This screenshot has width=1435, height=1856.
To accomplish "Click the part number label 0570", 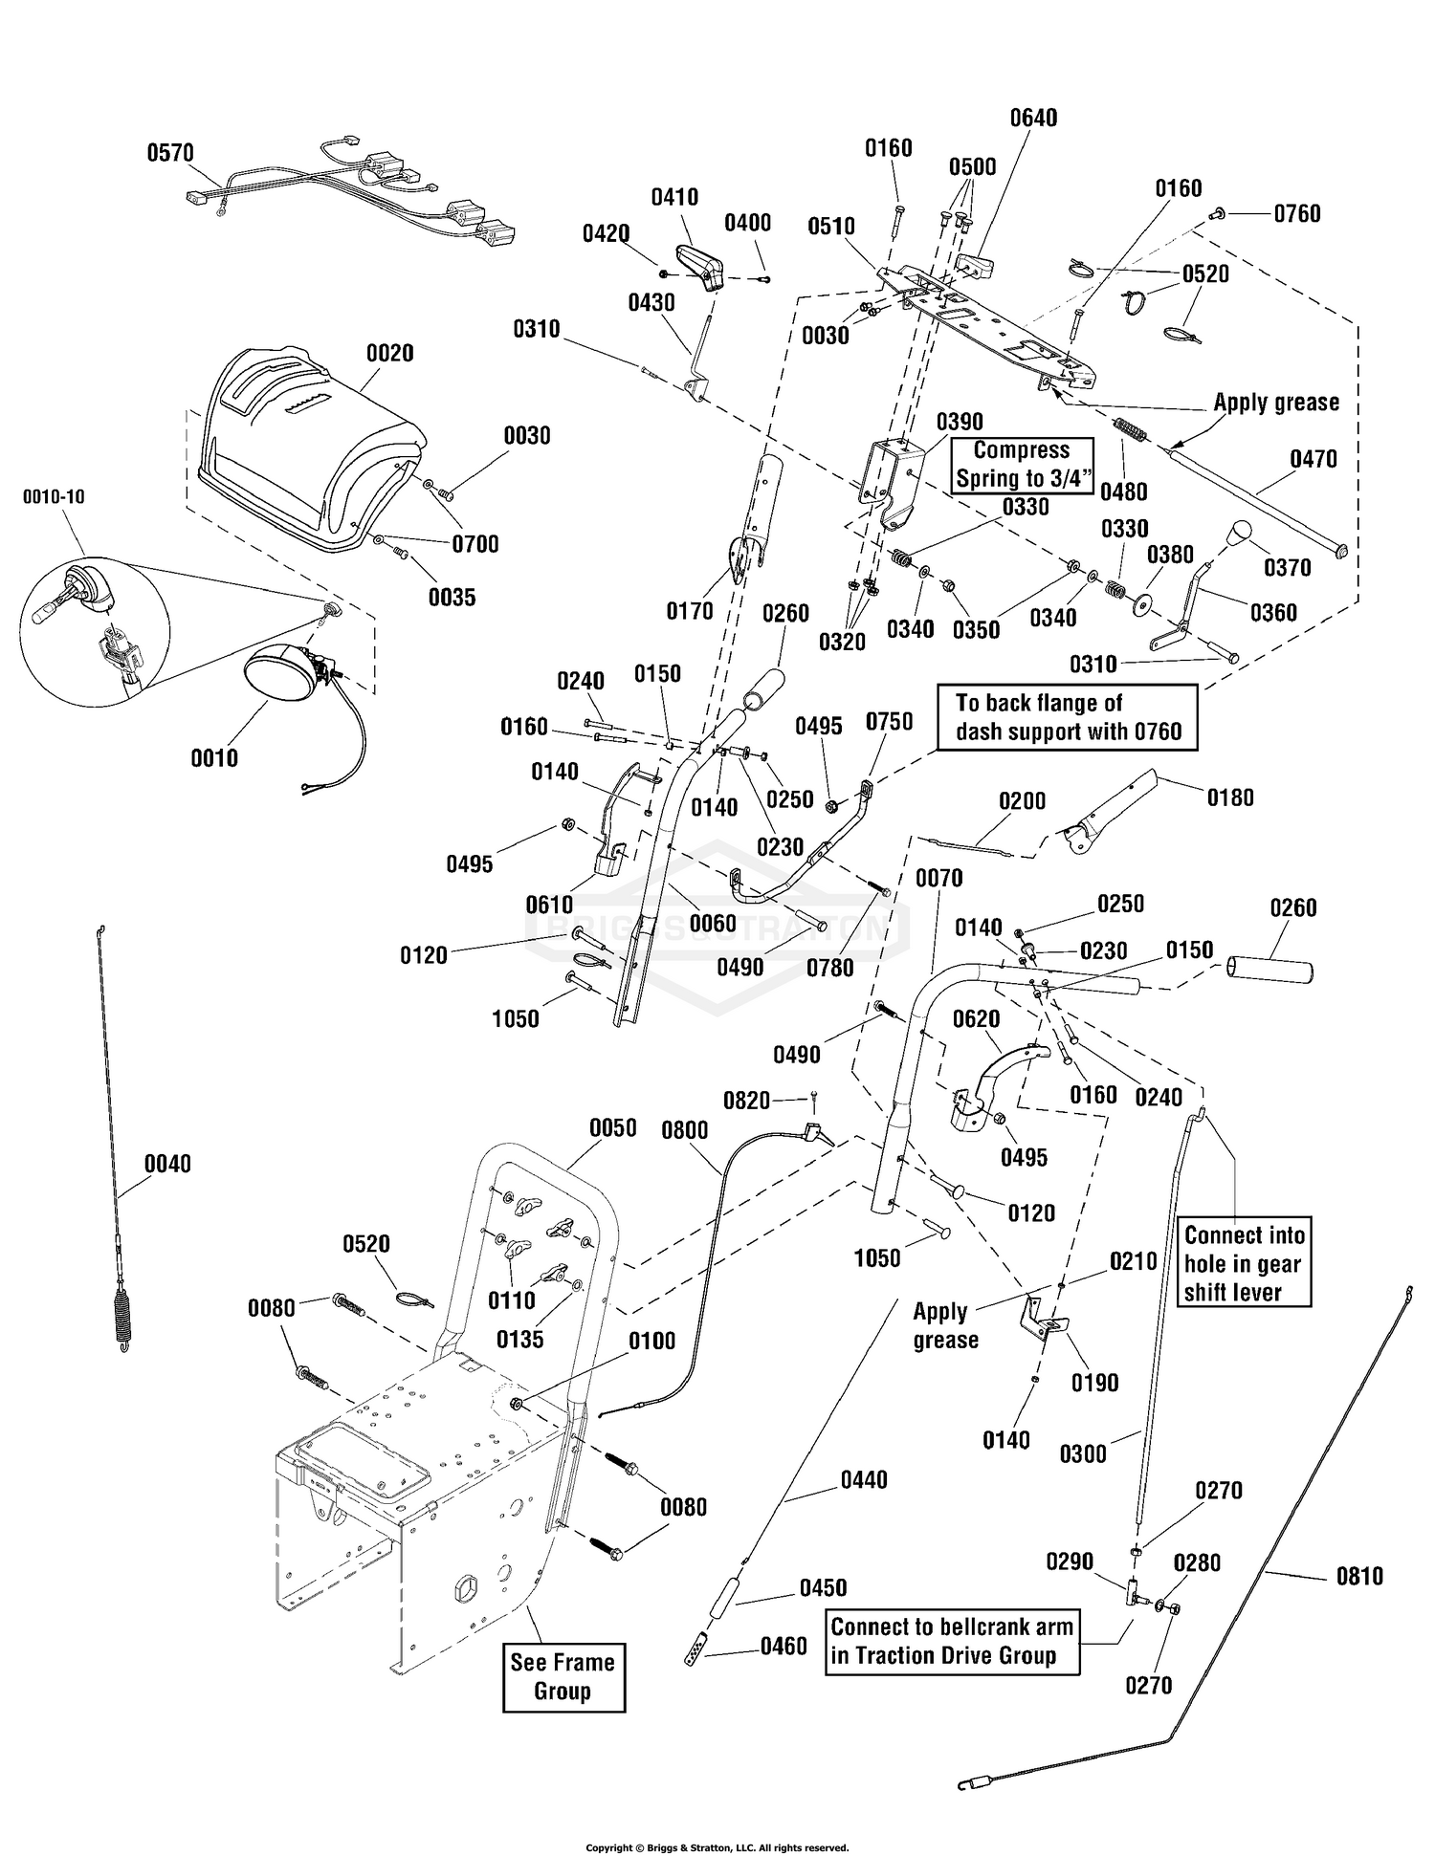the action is tap(170, 153).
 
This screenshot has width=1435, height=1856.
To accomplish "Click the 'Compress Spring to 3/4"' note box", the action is tap(1022, 465).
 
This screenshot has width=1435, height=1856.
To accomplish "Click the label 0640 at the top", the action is tap(1034, 118).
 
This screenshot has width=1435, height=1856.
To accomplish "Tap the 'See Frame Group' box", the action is tap(563, 1676).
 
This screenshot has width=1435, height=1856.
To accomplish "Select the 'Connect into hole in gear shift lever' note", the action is tap(1244, 1263).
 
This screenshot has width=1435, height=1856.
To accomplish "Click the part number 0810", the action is tap(1359, 1575).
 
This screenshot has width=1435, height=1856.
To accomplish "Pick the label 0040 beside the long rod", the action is tap(167, 1164).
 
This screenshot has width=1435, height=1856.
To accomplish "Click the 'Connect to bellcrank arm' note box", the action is tap(953, 1641).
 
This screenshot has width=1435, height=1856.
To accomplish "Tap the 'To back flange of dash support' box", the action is tap(1067, 717).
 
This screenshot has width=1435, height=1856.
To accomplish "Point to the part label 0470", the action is tap(1314, 459).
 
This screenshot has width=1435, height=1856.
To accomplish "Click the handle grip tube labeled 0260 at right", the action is tap(1270, 972).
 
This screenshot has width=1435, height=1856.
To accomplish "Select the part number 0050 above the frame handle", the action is tap(613, 1127).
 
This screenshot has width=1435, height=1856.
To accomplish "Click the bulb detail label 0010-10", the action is tap(55, 497).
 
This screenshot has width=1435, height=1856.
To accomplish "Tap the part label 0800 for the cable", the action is tap(685, 1130).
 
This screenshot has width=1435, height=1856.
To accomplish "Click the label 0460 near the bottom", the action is tap(784, 1646).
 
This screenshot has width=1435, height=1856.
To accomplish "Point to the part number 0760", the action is tap(1297, 213).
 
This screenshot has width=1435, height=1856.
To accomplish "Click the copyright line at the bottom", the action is tap(717, 1847).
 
